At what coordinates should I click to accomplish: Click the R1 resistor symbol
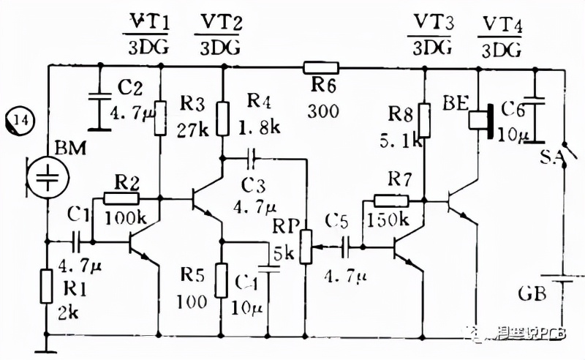click(x=48, y=286)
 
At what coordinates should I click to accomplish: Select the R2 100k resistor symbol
click(x=120, y=198)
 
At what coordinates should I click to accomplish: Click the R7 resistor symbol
click(x=390, y=199)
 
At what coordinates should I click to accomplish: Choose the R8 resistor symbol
click(x=424, y=121)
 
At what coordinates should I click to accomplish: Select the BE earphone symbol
click(x=483, y=120)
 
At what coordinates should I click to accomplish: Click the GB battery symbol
click(x=562, y=282)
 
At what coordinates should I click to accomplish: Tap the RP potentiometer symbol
click(x=306, y=247)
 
